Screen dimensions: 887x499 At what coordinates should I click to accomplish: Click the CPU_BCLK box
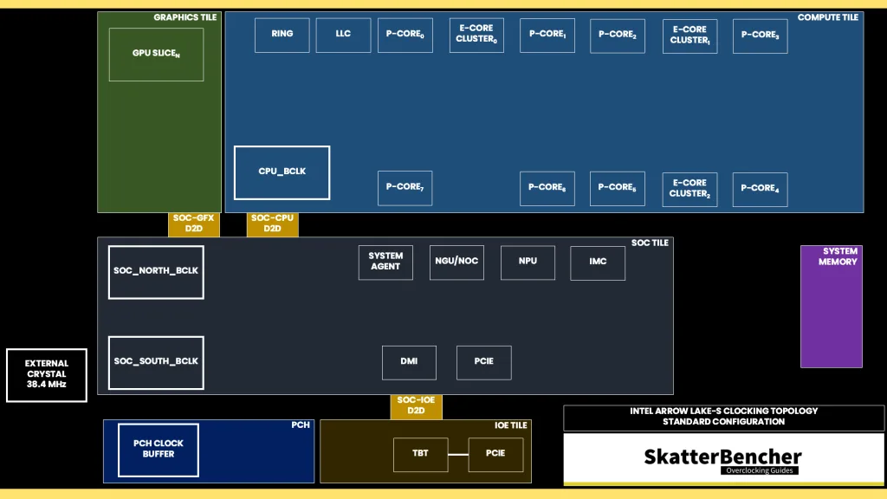pyautogui.click(x=282, y=172)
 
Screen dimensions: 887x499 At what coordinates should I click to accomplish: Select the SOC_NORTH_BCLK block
pyautogui.click(x=156, y=272)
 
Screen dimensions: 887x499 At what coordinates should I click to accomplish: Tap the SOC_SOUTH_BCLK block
pyautogui.click(x=156, y=363)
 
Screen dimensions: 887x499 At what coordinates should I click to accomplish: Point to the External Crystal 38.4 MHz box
pyautogui.click(x=47, y=375)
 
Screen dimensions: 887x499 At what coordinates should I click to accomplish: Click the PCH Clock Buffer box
pyautogui.click(x=159, y=450)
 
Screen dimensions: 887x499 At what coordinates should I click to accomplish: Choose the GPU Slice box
pyautogui.click(x=156, y=55)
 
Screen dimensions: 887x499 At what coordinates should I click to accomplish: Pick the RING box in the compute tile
pyautogui.click(x=282, y=35)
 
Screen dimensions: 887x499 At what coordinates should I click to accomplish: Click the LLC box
pyautogui.click(x=343, y=35)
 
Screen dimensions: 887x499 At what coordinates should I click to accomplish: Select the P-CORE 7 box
pyautogui.click(x=405, y=188)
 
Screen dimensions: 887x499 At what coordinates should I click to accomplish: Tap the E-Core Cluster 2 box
pyautogui.click(x=690, y=190)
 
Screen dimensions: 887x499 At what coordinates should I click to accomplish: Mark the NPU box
pyautogui.click(x=528, y=262)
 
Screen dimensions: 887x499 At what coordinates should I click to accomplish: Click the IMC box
pyautogui.click(x=598, y=263)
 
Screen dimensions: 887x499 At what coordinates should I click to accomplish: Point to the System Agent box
pyautogui.click(x=385, y=262)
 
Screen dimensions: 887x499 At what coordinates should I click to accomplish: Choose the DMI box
pyautogui.click(x=409, y=363)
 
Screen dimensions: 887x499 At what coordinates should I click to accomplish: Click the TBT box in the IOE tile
pyautogui.click(x=420, y=454)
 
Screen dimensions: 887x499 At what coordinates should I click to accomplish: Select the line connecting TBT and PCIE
pyautogui.click(x=458, y=454)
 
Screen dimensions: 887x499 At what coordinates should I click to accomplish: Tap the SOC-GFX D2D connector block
pyautogui.click(x=193, y=224)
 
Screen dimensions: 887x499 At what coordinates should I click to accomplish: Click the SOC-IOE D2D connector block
pyautogui.click(x=416, y=406)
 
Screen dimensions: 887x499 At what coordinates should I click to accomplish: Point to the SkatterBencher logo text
pyautogui.click(x=723, y=457)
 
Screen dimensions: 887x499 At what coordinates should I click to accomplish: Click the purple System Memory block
pyautogui.click(x=832, y=307)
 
